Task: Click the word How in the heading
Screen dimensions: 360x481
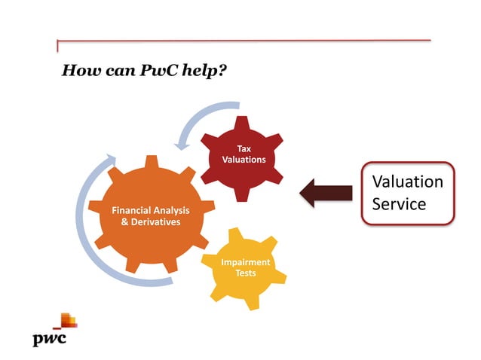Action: pyautogui.click(x=78, y=71)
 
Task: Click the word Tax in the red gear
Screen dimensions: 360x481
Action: pyautogui.click(x=244, y=148)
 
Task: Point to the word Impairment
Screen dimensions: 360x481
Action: pyautogui.click(x=245, y=262)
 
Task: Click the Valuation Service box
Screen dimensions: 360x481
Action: pyautogui.click(x=408, y=193)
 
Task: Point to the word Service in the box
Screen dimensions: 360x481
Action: pyautogui.click(x=400, y=203)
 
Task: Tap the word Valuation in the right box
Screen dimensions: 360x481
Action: pyautogui.click(x=408, y=182)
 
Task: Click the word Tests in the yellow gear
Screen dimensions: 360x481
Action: pyautogui.click(x=245, y=273)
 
